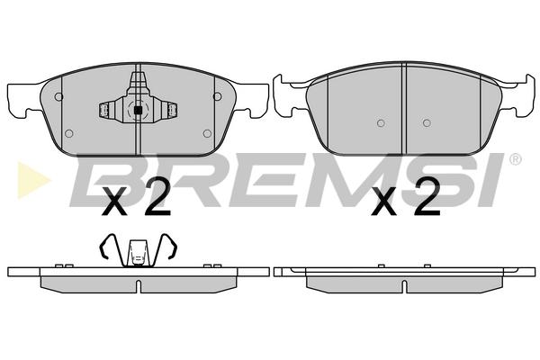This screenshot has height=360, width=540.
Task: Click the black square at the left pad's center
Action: pyautogui.click(x=138, y=110)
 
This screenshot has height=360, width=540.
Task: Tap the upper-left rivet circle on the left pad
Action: pyautogui.click(x=58, y=97)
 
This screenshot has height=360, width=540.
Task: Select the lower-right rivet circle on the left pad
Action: pyautogui.click(x=207, y=133)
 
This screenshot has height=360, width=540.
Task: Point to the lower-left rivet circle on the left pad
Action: pyautogui.click(x=69, y=133)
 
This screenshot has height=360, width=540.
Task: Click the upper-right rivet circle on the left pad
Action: pyautogui.click(x=217, y=96)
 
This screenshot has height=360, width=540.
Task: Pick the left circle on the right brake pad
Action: pyautogui.click(x=381, y=123)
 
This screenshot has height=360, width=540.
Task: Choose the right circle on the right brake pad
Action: pyautogui.click(x=427, y=122)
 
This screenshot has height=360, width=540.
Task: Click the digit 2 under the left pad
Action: pyautogui.click(x=157, y=197)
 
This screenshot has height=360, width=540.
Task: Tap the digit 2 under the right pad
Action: pyautogui.click(x=427, y=197)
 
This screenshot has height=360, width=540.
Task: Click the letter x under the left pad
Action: pyautogui.click(x=114, y=202)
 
